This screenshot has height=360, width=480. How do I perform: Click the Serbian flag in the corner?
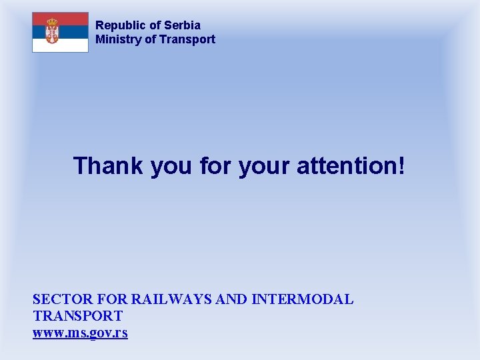point(61,32)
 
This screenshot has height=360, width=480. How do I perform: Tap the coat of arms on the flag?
point(52,31)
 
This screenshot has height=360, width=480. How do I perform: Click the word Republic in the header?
point(121,25)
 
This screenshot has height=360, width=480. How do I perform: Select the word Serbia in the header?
point(183,25)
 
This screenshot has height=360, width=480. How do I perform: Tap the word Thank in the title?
point(109,165)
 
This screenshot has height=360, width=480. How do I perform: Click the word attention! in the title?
point(349,165)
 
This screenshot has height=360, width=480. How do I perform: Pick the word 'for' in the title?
point(212,165)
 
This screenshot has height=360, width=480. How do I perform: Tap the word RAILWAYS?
point(172,300)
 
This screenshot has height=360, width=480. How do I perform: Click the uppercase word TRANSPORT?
point(77,316)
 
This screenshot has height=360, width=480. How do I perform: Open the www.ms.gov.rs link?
point(80,333)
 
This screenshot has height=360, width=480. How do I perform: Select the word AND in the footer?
point(232,300)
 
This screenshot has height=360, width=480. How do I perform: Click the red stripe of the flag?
point(61,19)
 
